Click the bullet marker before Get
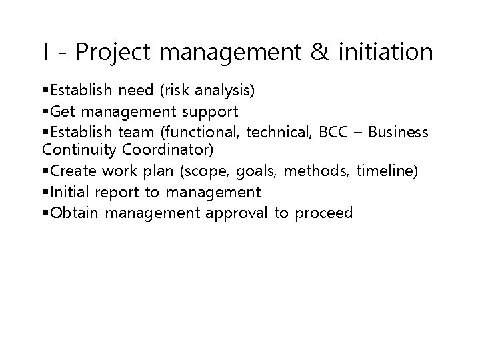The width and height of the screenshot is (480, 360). point(45,111)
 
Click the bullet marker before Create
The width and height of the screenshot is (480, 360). point(45,172)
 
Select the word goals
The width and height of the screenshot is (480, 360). point(251,172)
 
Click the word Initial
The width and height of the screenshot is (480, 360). point(71,193)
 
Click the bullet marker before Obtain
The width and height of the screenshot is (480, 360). point(45,213)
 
